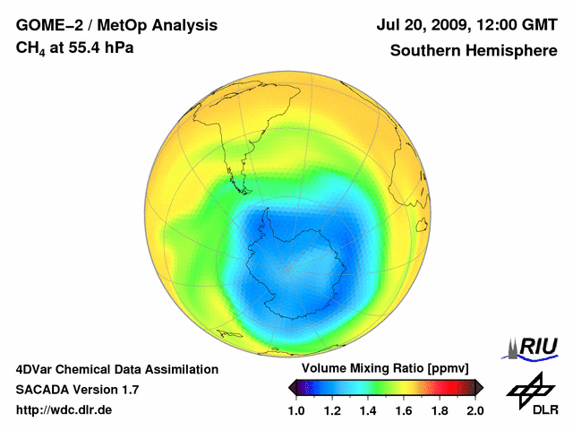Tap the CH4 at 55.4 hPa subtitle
coord(75,47)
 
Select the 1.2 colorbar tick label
coord(332,410)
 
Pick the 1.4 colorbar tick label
coord(368,410)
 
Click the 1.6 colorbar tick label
coord(404,410)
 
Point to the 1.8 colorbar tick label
coord(439,410)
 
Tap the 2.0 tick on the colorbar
coord(475,410)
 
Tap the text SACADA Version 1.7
coord(77,390)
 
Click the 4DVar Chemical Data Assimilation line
coord(116,369)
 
